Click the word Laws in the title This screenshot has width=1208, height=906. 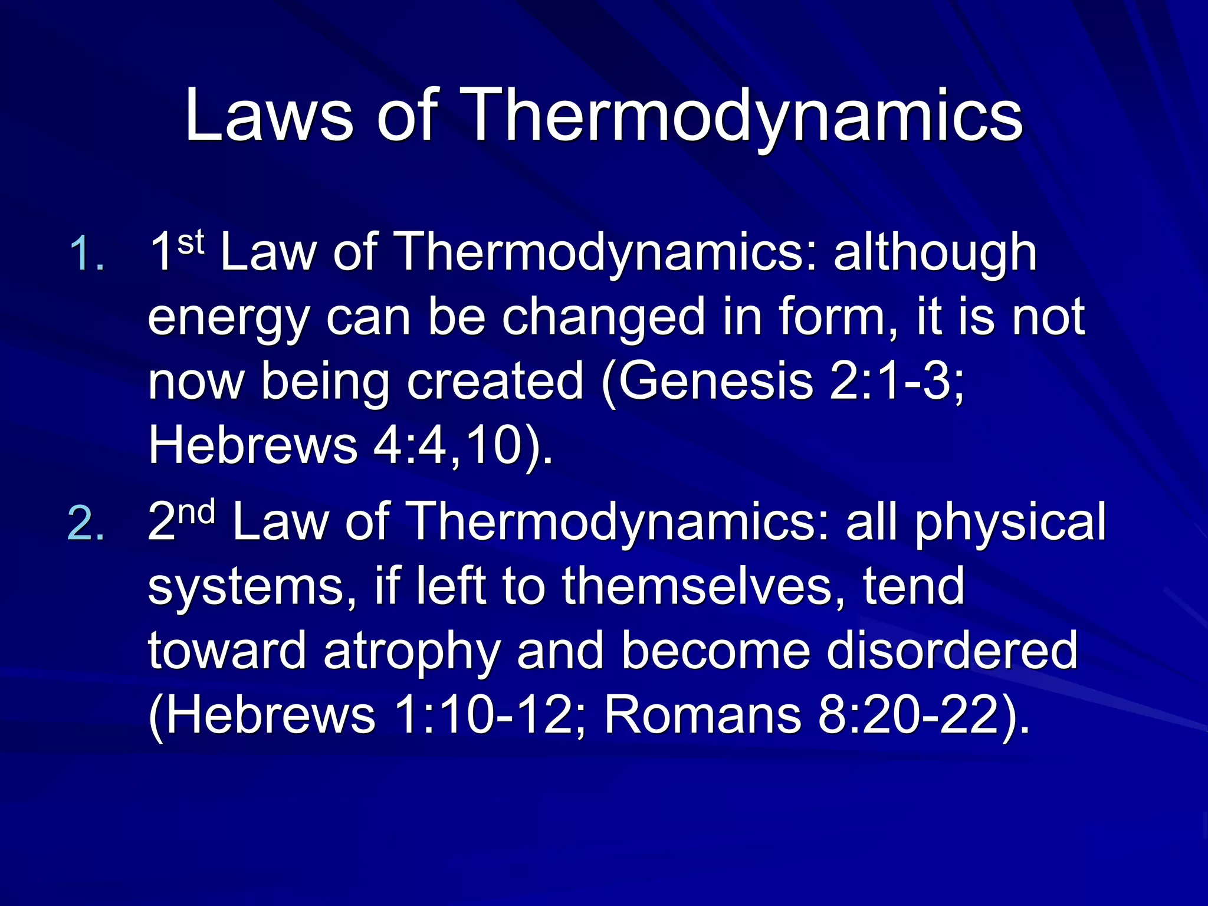point(268,116)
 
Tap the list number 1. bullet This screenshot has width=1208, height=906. point(87,255)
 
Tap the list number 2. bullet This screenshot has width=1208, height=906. point(87,524)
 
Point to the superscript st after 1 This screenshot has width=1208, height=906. point(191,242)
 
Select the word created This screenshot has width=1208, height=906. point(495,382)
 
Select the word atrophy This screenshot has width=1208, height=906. point(412,651)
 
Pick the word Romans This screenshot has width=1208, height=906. point(702,715)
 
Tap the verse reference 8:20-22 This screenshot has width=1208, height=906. point(909,715)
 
